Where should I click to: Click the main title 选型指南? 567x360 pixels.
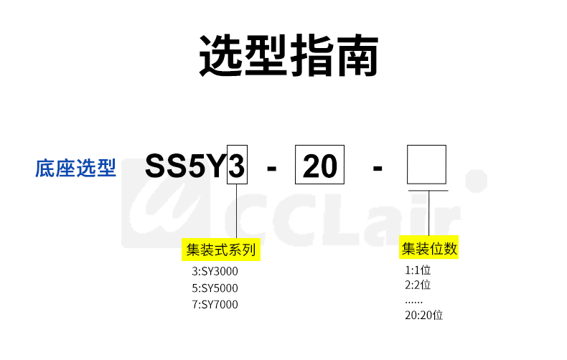coord(288,55)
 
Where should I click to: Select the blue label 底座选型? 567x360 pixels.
coord(75,168)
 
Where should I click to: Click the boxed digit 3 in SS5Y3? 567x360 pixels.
coord(237,168)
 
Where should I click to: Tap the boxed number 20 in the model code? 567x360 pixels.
coord(319,168)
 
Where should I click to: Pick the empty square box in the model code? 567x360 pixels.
coord(427,164)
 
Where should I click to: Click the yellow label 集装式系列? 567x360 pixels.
coord(221,250)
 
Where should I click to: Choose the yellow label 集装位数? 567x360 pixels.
coord(429,250)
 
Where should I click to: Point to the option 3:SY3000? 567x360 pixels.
coord(215,272)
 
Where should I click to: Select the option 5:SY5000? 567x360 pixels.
coord(215,288)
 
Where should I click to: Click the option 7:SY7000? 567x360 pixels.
coord(215,305)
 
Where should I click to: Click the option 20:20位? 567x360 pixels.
coord(423,315)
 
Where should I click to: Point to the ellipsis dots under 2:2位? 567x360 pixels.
coord(414,301)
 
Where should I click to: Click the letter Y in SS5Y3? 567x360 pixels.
coord(215,168)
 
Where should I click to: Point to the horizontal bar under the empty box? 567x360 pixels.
coord(428,191)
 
